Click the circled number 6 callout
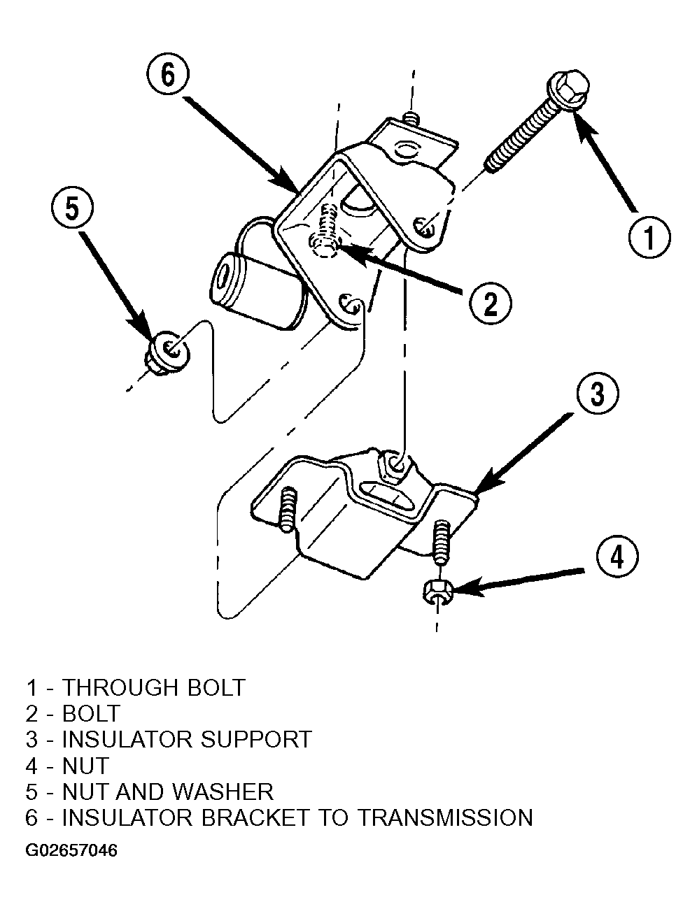[168, 75]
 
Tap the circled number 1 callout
[649, 237]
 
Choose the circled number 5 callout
[72, 208]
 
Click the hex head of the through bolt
[568, 90]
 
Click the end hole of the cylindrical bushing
[223, 278]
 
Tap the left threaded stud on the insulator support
[286, 510]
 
